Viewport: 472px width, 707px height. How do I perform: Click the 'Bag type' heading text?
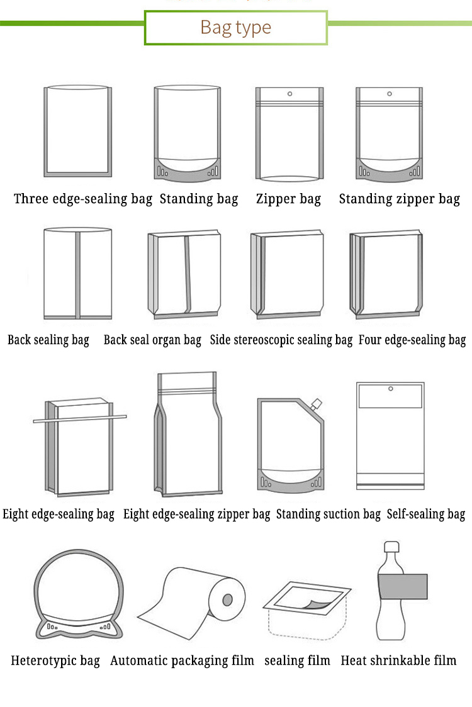click(235, 28)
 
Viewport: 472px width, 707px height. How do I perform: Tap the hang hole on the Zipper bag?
click(289, 94)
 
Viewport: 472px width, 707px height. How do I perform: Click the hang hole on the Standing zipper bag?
click(390, 94)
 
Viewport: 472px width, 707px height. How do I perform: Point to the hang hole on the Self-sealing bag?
click(391, 389)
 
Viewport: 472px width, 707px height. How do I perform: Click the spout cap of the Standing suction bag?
click(317, 404)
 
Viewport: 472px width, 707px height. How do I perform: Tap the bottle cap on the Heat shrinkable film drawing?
click(391, 547)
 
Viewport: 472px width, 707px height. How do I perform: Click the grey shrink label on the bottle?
click(403, 587)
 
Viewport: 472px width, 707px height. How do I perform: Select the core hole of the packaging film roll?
click(227, 599)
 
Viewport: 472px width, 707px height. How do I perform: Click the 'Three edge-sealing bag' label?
click(83, 199)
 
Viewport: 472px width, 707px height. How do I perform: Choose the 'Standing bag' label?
click(199, 199)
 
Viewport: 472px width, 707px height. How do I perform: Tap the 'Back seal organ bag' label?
click(152, 340)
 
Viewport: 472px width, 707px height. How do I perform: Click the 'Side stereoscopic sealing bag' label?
click(281, 340)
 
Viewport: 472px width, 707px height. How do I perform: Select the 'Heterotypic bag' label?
click(55, 661)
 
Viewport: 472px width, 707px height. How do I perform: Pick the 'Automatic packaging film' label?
click(183, 661)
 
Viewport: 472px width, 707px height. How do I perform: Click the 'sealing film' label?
click(298, 661)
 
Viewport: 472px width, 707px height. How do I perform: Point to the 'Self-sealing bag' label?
click(426, 515)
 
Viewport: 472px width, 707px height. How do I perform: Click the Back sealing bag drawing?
click(77, 273)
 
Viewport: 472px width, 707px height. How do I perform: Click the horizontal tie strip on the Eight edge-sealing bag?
click(80, 419)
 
